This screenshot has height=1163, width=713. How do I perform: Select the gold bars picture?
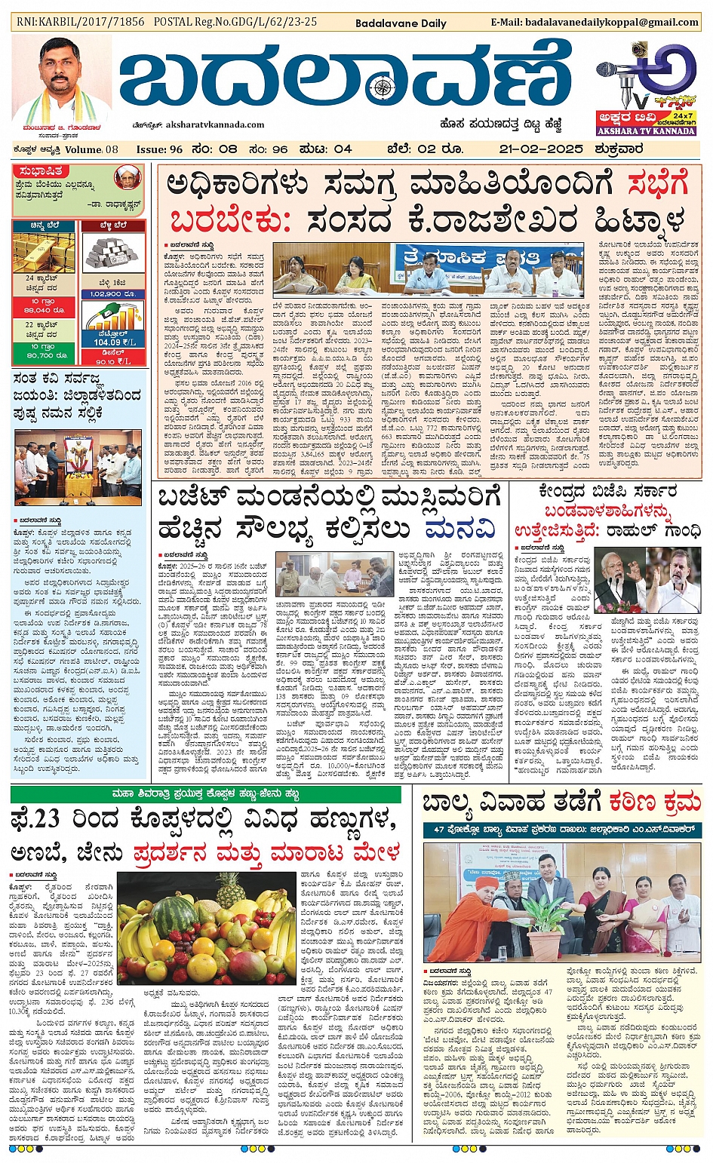(x=43, y=253)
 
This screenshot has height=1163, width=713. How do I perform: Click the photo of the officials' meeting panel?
(x=429, y=269)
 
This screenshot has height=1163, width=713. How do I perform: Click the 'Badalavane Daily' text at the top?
(x=401, y=23)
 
